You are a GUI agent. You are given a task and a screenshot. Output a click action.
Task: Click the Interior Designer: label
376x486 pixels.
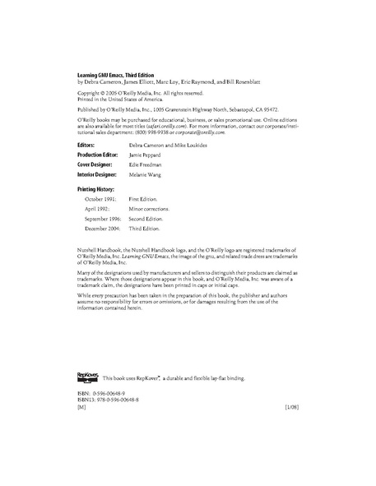97,174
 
